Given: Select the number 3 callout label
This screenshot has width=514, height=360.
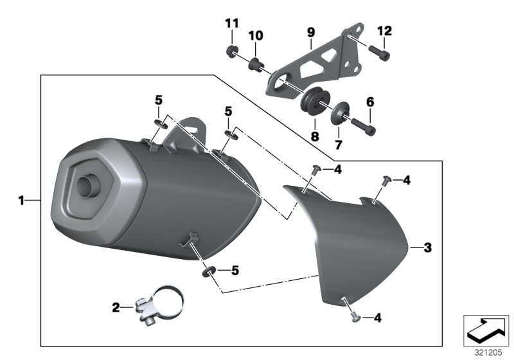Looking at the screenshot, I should point(428,248).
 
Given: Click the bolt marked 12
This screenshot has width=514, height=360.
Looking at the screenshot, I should point(378,51).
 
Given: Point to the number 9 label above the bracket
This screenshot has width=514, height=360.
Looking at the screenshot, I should point(311,32).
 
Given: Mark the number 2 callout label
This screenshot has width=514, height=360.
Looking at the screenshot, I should point(116,308).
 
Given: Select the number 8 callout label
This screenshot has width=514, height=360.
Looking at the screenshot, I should point(314,136).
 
